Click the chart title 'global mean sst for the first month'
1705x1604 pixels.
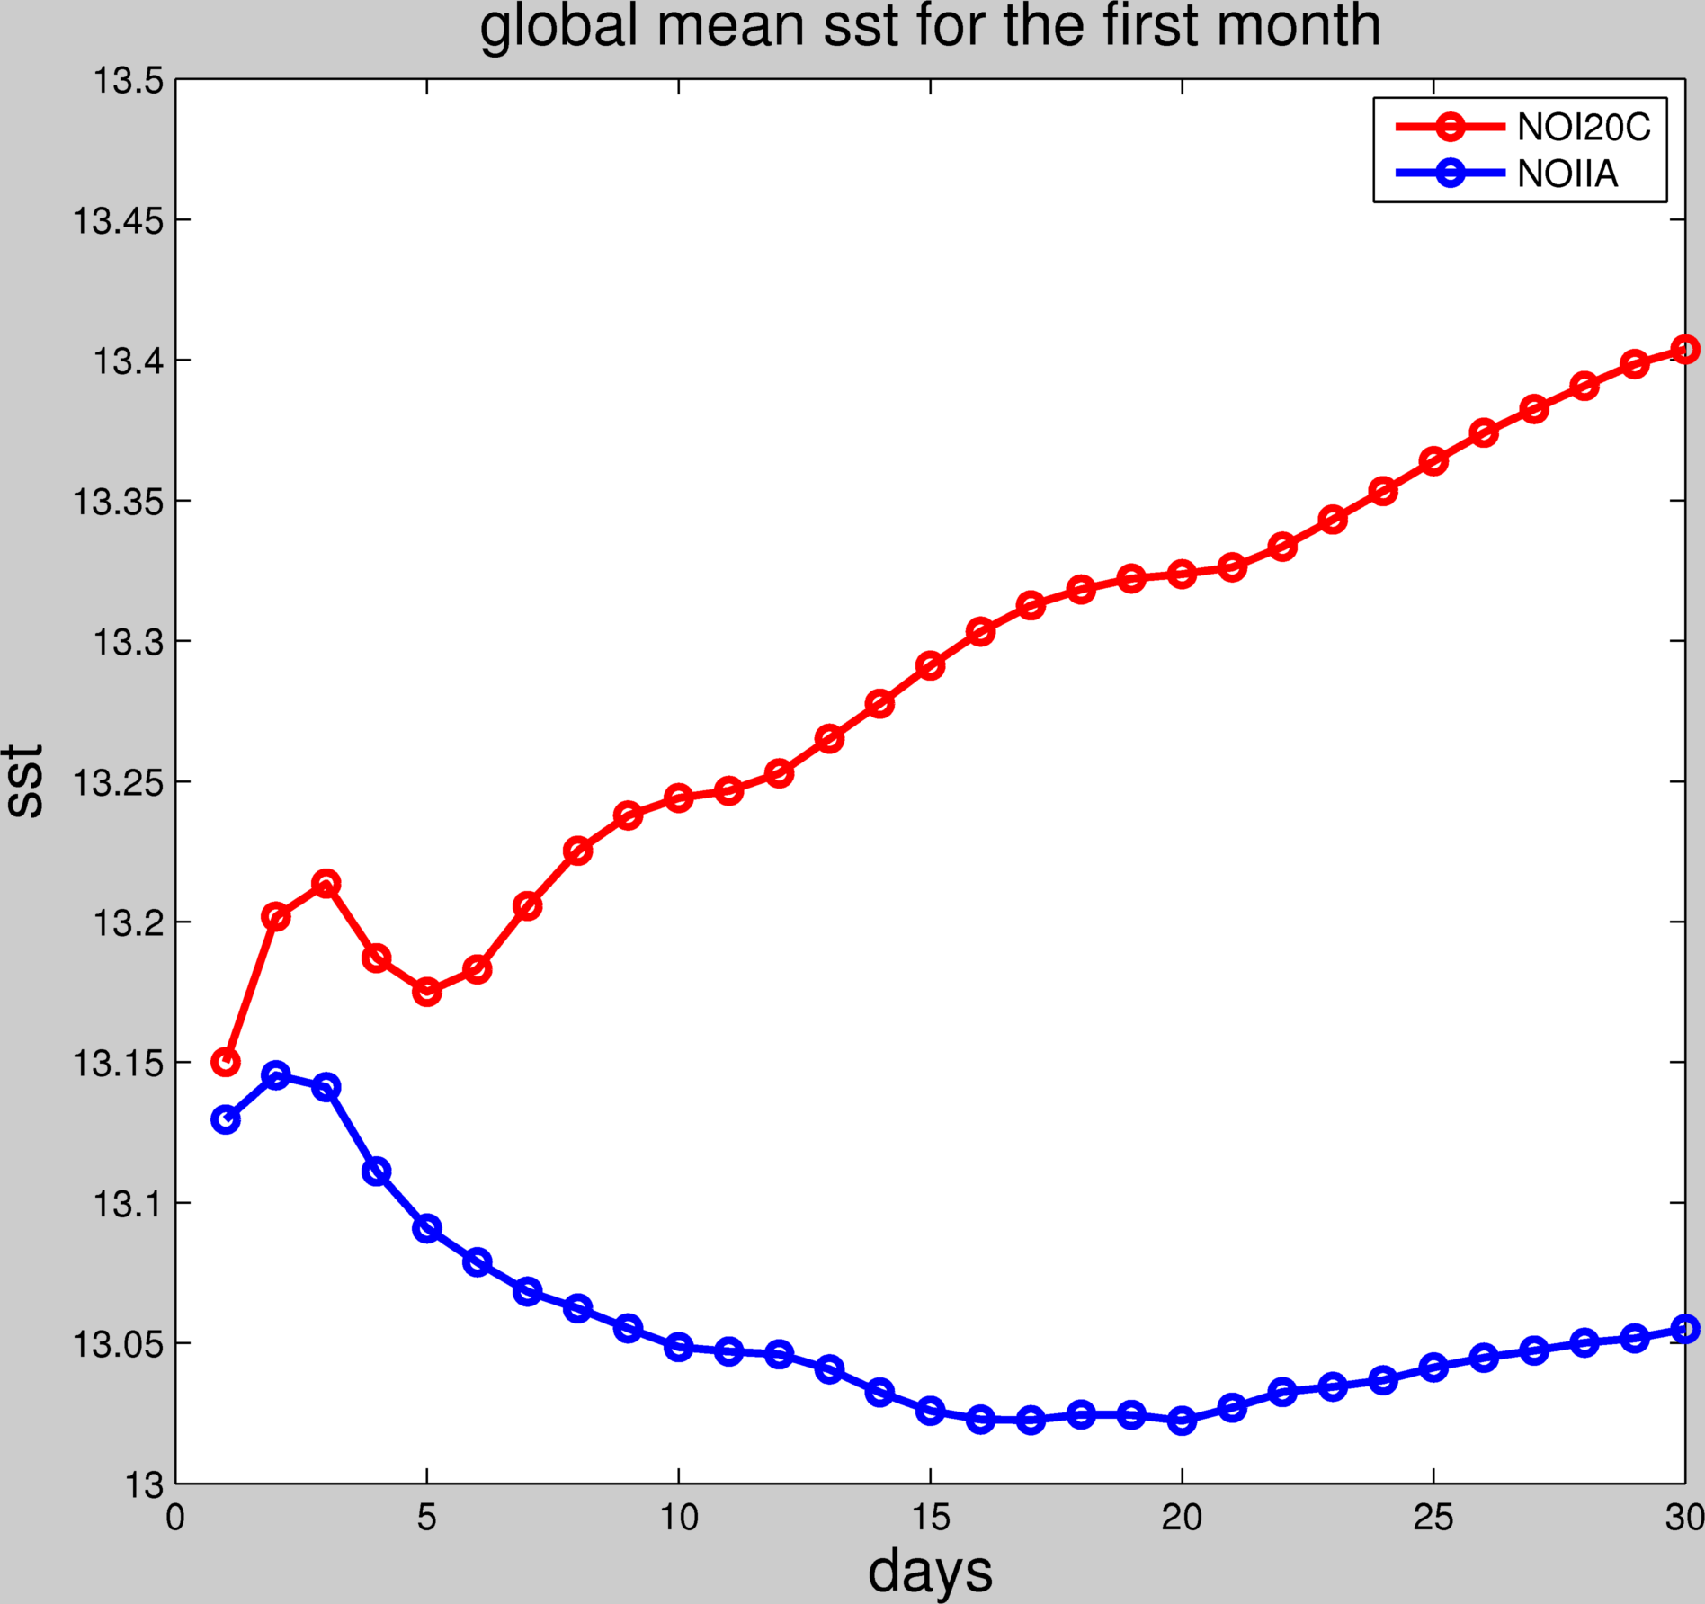(x=930, y=27)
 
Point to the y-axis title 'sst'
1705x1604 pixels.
(x=25, y=780)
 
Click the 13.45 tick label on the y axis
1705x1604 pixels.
(x=119, y=220)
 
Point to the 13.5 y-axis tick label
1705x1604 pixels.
(x=129, y=81)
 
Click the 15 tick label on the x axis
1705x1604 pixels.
(x=930, y=1518)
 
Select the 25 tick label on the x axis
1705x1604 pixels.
(x=1433, y=1518)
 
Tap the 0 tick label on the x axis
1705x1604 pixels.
(x=175, y=1518)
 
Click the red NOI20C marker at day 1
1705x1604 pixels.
(x=226, y=1062)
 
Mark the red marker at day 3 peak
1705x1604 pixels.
(x=326, y=884)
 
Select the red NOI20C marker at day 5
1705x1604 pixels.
(x=427, y=993)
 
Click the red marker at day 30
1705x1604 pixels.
(x=1684, y=349)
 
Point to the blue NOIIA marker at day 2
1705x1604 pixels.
(x=276, y=1075)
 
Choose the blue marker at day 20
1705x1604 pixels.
(x=1182, y=1421)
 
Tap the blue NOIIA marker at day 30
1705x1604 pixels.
(x=1684, y=1329)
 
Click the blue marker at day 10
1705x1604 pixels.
(x=679, y=1347)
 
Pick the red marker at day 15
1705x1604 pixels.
(x=930, y=665)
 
